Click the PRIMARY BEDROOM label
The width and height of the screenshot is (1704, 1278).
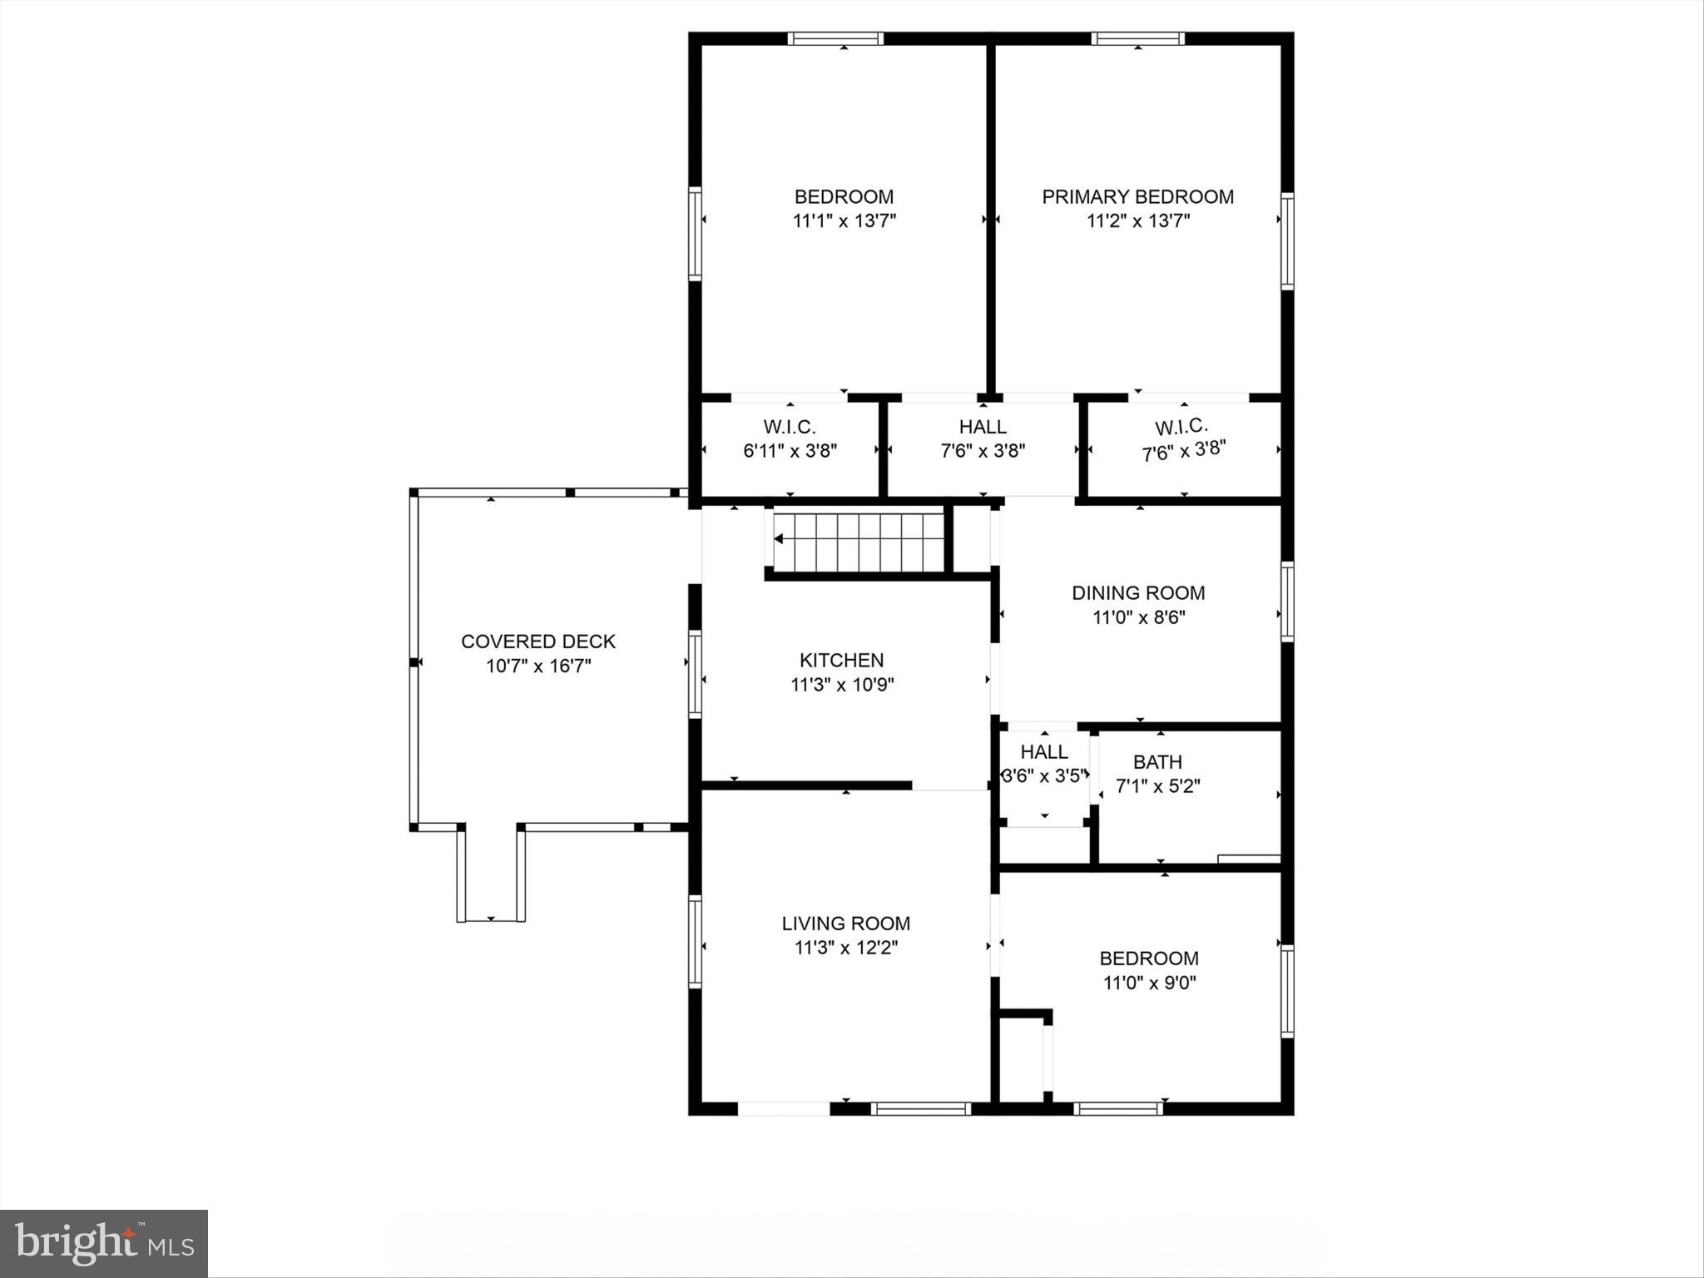click(1137, 197)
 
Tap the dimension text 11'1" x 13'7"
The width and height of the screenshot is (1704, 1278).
click(844, 221)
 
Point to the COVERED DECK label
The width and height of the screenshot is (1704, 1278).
click(538, 641)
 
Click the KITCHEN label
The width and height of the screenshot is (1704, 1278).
click(841, 661)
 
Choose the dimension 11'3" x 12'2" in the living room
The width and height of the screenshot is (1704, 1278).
click(845, 948)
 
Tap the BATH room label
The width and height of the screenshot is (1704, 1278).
click(1157, 762)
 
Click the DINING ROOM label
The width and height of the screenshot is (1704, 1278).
click(1137, 593)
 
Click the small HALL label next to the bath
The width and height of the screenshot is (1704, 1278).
click(1044, 752)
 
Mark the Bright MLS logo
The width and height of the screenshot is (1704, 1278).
click(104, 1243)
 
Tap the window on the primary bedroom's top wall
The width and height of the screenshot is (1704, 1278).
click(1137, 38)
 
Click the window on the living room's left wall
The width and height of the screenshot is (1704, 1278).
click(695, 941)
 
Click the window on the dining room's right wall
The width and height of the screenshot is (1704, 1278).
click(1287, 602)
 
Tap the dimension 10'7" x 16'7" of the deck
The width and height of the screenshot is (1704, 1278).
click(538, 666)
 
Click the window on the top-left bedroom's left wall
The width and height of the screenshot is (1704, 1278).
click(695, 234)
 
